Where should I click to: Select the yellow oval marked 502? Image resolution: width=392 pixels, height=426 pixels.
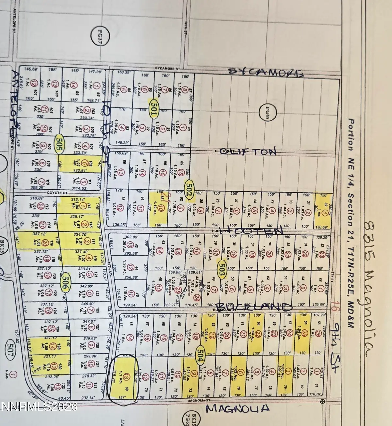tap(188, 188)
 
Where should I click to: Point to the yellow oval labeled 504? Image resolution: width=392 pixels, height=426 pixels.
tap(200, 351)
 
